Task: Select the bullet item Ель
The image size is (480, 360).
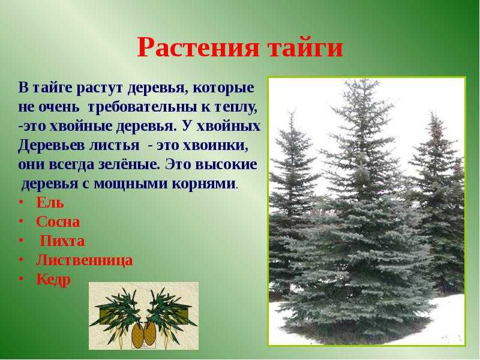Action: click(x=50, y=202)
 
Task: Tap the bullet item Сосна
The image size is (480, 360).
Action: click(x=58, y=221)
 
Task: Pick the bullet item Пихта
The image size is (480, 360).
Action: click(x=62, y=241)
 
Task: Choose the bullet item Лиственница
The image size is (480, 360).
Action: click(x=85, y=260)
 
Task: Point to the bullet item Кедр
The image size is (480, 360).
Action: click(x=53, y=280)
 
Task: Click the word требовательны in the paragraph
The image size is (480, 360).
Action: click(x=148, y=107)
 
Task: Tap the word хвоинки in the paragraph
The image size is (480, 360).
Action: click(x=215, y=146)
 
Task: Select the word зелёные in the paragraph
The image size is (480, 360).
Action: click(x=130, y=164)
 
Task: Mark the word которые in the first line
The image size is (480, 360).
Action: click(x=224, y=88)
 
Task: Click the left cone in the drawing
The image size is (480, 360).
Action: click(x=138, y=335)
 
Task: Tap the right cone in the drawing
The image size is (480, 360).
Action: click(x=149, y=333)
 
